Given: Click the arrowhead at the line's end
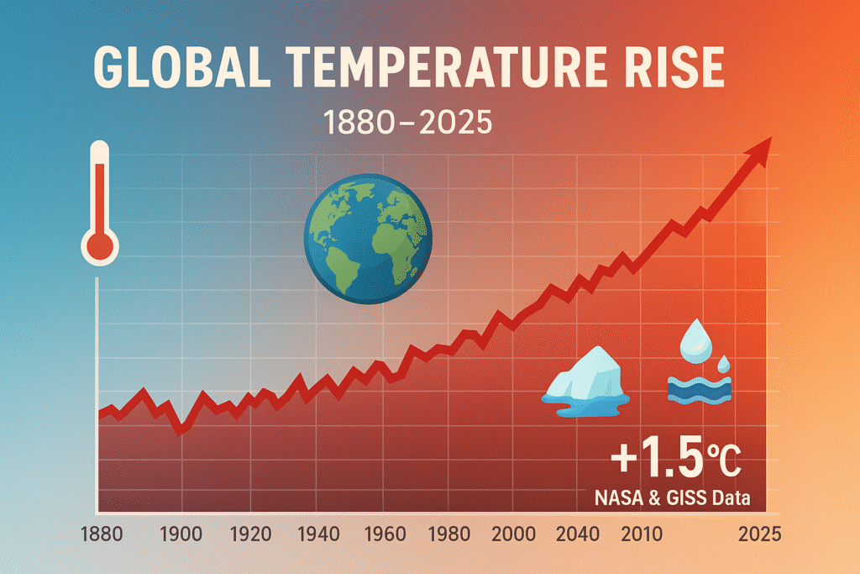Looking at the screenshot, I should [759, 150].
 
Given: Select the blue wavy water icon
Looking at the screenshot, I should [699, 389].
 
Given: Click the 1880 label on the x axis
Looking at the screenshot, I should [105, 534].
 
